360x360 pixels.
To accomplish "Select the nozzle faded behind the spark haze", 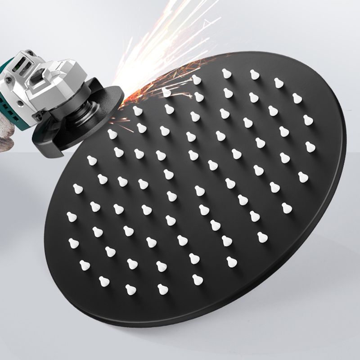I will click(x=166, y=92).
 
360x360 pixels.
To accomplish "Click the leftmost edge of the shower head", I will click(x=45, y=234).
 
